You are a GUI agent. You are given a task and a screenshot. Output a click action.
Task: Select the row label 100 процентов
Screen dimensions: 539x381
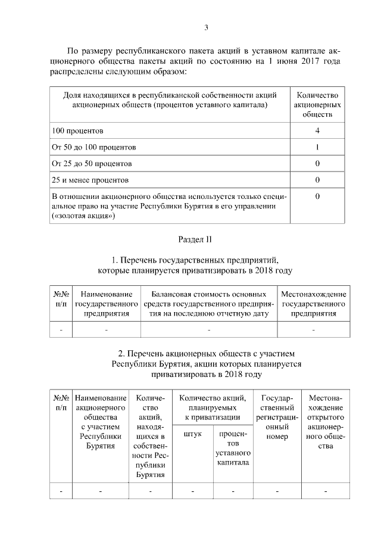pos(78,130)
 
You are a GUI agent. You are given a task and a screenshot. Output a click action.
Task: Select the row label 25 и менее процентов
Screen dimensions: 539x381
pos(89,180)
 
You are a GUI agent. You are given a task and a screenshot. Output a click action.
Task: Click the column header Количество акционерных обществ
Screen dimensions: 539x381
pos(317,105)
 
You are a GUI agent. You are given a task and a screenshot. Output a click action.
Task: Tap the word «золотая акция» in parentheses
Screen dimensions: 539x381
pos(83,217)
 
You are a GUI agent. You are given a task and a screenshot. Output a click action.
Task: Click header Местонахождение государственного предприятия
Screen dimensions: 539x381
pos(313,304)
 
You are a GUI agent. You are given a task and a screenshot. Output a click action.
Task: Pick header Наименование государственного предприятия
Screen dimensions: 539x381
pos(106,304)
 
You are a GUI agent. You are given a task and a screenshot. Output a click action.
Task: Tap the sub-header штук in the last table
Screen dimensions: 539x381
pos(192,434)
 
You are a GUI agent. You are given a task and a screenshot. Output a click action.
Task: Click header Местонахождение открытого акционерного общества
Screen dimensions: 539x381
pos(326,422)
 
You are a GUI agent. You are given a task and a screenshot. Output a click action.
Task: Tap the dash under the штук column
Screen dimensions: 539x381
pos(192,491)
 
